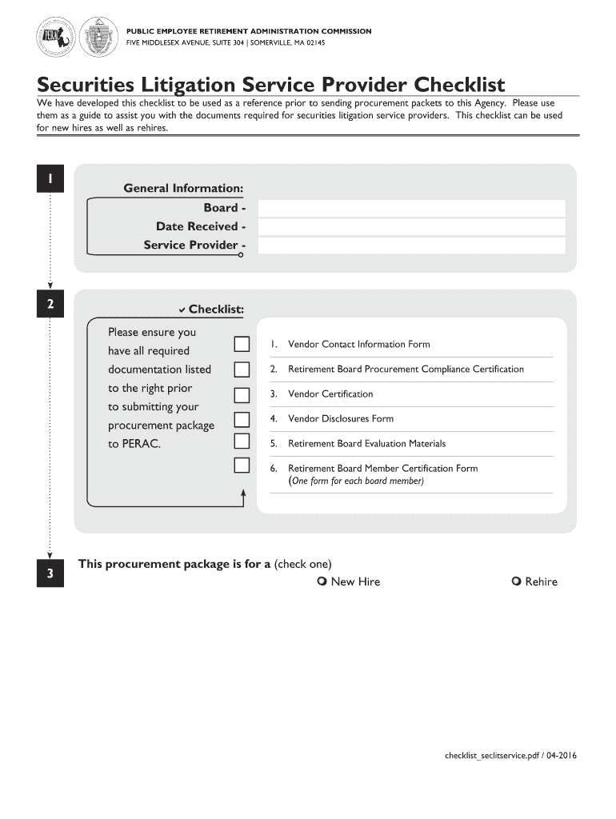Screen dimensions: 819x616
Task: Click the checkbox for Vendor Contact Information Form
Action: [x=242, y=344]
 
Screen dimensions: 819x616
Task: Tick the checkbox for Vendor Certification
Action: [x=242, y=394]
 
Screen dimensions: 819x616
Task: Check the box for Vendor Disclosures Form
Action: [x=242, y=419]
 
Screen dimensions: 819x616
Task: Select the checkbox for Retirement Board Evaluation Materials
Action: [x=242, y=441]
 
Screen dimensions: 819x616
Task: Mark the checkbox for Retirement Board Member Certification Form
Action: [x=242, y=465]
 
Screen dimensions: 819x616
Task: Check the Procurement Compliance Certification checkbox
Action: [x=242, y=370]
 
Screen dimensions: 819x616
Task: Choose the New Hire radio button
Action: [x=322, y=581]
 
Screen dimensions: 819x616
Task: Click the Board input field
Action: [x=411, y=208]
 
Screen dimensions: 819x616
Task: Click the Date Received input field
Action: [x=411, y=227]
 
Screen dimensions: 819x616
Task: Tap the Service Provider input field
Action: [x=411, y=246]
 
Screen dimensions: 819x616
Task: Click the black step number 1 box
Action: [x=50, y=179]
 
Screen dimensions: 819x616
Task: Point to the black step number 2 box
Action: [x=50, y=305]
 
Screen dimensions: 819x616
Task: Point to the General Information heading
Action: [x=183, y=188]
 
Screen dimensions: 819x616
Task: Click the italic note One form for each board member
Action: [x=356, y=481]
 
